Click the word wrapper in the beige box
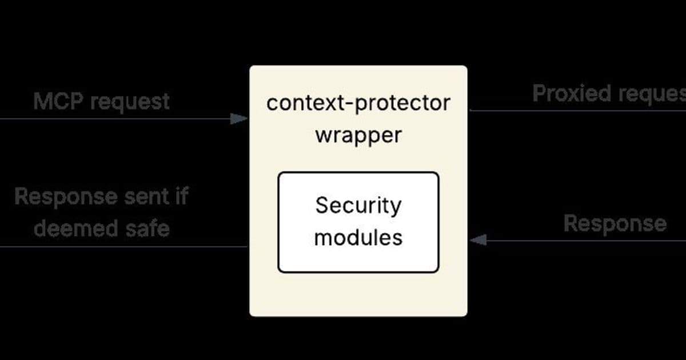(358, 136)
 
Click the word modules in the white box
(358, 237)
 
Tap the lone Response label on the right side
(615, 223)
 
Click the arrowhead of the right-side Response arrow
(477, 241)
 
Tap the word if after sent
(181, 197)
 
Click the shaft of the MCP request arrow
(114, 119)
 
